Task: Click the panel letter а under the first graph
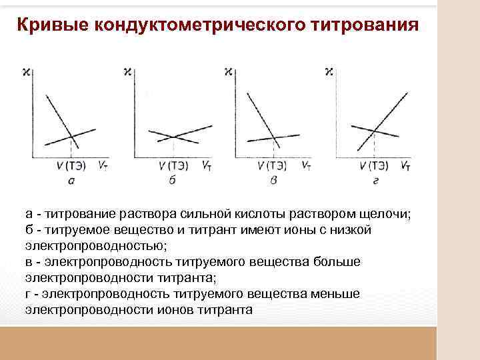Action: [72, 181]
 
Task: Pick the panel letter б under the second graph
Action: [172, 181]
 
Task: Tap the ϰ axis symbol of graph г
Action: [328, 71]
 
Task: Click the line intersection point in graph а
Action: [72, 138]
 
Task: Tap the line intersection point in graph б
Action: [174, 136]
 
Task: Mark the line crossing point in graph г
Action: [375, 130]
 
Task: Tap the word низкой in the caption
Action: [351, 230]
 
